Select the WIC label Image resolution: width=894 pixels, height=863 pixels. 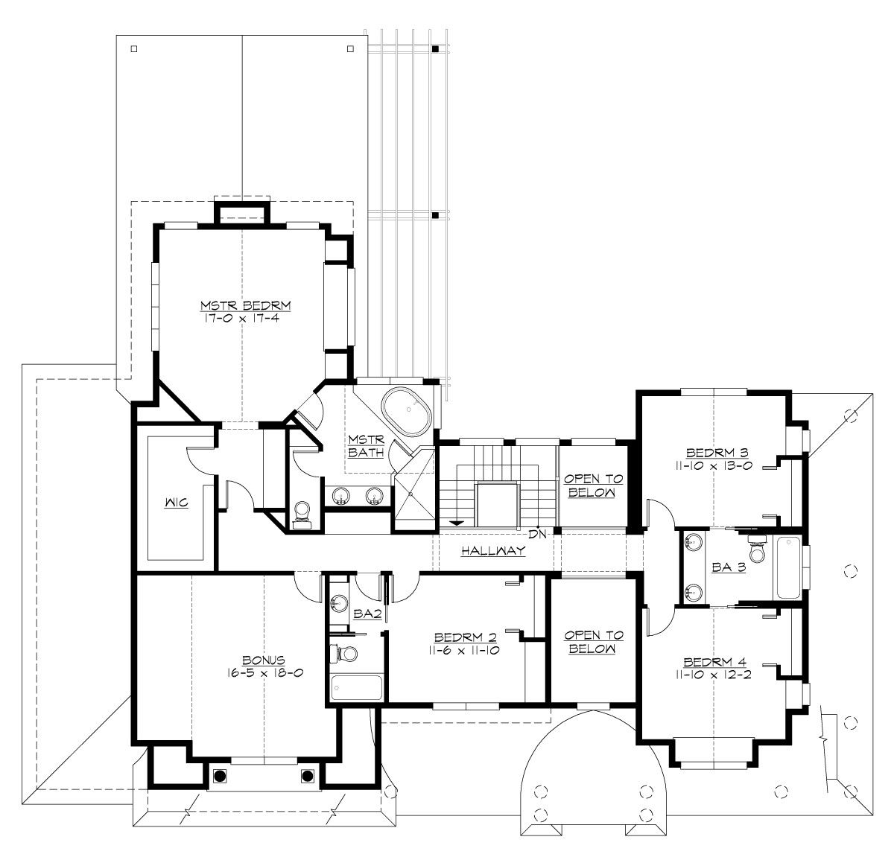(176, 503)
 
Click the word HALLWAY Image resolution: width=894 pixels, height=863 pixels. (492, 551)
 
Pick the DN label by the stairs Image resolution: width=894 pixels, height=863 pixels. (537, 533)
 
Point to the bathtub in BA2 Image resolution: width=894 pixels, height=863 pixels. (356, 687)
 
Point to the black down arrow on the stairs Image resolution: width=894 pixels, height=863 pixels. (454, 523)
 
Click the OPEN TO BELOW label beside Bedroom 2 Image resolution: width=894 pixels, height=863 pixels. (593, 642)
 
